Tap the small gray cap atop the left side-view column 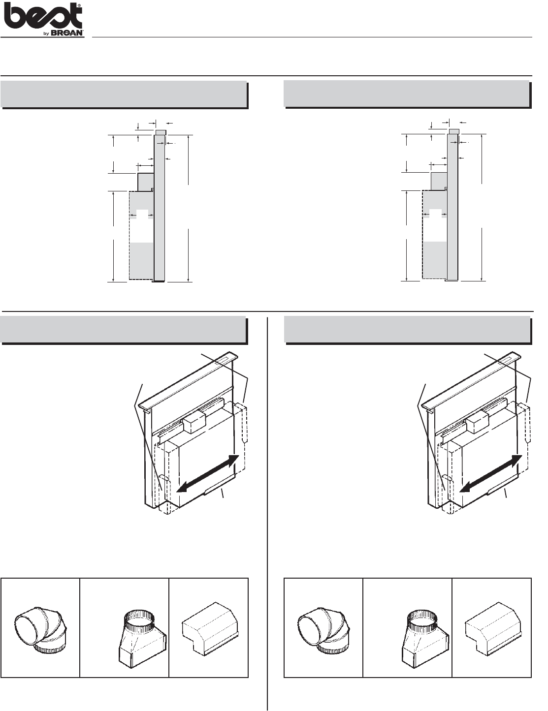point(161,132)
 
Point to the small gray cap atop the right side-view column point(454,131)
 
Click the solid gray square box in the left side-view point(146,182)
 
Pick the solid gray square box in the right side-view point(439,181)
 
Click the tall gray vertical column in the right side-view point(453,207)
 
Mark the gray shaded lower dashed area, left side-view point(142,261)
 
